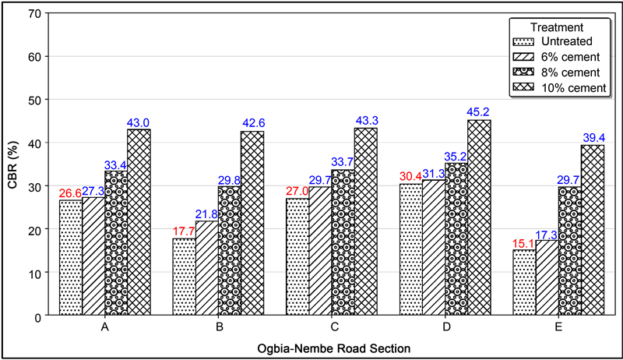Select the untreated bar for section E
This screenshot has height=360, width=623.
524,283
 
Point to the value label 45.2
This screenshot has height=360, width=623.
479,111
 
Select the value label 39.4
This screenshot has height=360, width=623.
593,137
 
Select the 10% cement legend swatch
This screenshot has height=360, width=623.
523,87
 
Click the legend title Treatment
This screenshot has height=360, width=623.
557,26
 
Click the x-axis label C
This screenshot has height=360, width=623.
333,326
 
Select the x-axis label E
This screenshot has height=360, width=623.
559,326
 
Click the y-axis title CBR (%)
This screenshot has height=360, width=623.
11,164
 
